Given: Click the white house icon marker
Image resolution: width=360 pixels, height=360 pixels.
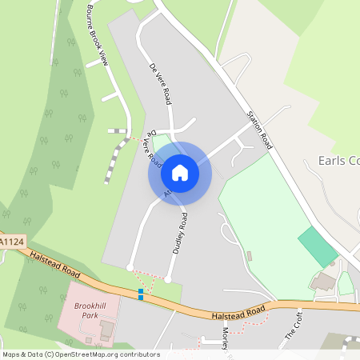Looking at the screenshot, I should click(180, 173).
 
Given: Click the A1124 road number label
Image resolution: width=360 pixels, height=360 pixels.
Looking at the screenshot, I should click(12, 240).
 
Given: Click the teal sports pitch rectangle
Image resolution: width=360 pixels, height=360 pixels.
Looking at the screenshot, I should click(318, 246).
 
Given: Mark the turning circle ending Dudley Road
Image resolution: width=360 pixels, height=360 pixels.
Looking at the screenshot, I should click(168, 278).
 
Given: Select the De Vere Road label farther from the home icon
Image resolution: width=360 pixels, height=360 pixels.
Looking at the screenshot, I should click(161, 85).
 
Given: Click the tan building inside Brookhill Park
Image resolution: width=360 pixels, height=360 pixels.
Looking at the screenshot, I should click(106, 327).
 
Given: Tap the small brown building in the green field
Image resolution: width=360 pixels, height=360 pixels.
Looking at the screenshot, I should click(249, 256).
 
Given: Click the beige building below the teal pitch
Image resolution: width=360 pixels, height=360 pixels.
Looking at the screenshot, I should click(323, 281).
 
